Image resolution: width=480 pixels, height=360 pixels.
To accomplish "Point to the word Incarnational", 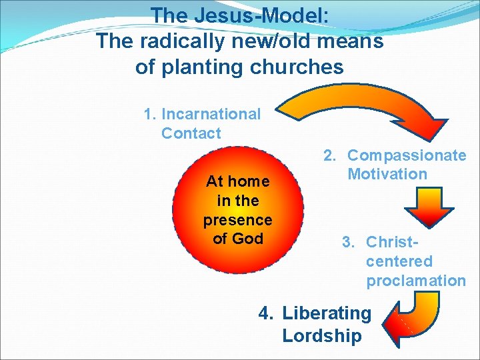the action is [x=211, y=114].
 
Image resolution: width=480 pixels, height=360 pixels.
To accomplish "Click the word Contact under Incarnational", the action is [x=191, y=133].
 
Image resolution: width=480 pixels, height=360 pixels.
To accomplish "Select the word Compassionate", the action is [x=407, y=155].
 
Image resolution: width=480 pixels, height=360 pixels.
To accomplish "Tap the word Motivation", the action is [x=387, y=175].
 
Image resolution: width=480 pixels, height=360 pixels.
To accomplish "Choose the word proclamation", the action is [x=416, y=281].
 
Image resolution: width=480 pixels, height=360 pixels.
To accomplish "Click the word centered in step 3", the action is [x=399, y=261].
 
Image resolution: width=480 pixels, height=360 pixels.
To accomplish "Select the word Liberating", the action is [x=327, y=313].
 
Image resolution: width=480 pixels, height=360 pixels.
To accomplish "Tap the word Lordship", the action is [x=321, y=335].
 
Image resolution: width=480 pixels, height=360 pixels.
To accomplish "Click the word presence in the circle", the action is [x=237, y=219].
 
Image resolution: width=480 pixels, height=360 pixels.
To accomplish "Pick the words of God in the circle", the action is [x=237, y=239].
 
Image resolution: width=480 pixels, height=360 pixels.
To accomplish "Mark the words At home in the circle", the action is [x=237, y=181].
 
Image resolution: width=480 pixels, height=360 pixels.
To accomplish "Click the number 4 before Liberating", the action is [x=265, y=313].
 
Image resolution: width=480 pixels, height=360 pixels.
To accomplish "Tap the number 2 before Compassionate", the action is [x=329, y=155].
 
